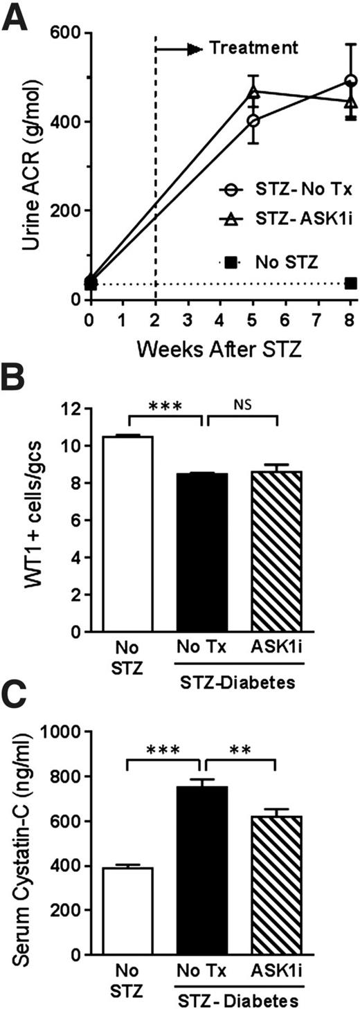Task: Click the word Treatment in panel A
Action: point(253,48)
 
